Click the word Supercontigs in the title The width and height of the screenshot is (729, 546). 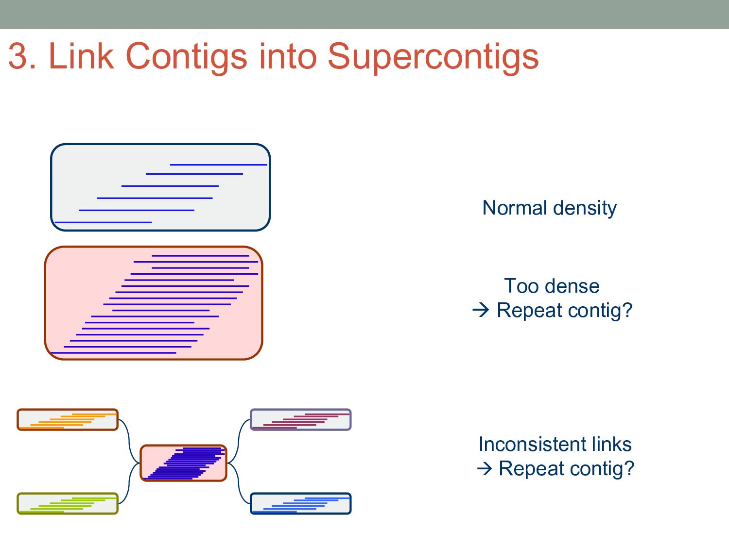(x=433, y=57)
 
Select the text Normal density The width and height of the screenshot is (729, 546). (x=549, y=208)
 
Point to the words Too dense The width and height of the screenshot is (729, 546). (x=552, y=286)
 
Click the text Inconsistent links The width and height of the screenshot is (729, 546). (x=555, y=445)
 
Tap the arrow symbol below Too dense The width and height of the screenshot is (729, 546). (x=481, y=310)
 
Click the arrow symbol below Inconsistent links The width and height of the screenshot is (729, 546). (x=485, y=468)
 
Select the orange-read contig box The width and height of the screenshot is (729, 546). (x=68, y=420)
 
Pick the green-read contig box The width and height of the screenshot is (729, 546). (x=68, y=504)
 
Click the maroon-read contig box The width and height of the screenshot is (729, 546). (x=300, y=420)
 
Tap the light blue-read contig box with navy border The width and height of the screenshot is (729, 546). (x=300, y=504)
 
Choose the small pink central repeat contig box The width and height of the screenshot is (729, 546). (x=184, y=463)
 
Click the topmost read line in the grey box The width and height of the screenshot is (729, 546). (x=219, y=165)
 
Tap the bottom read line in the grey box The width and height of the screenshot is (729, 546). (x=103, y=222)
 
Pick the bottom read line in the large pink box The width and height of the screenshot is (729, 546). (x=113, y=353)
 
